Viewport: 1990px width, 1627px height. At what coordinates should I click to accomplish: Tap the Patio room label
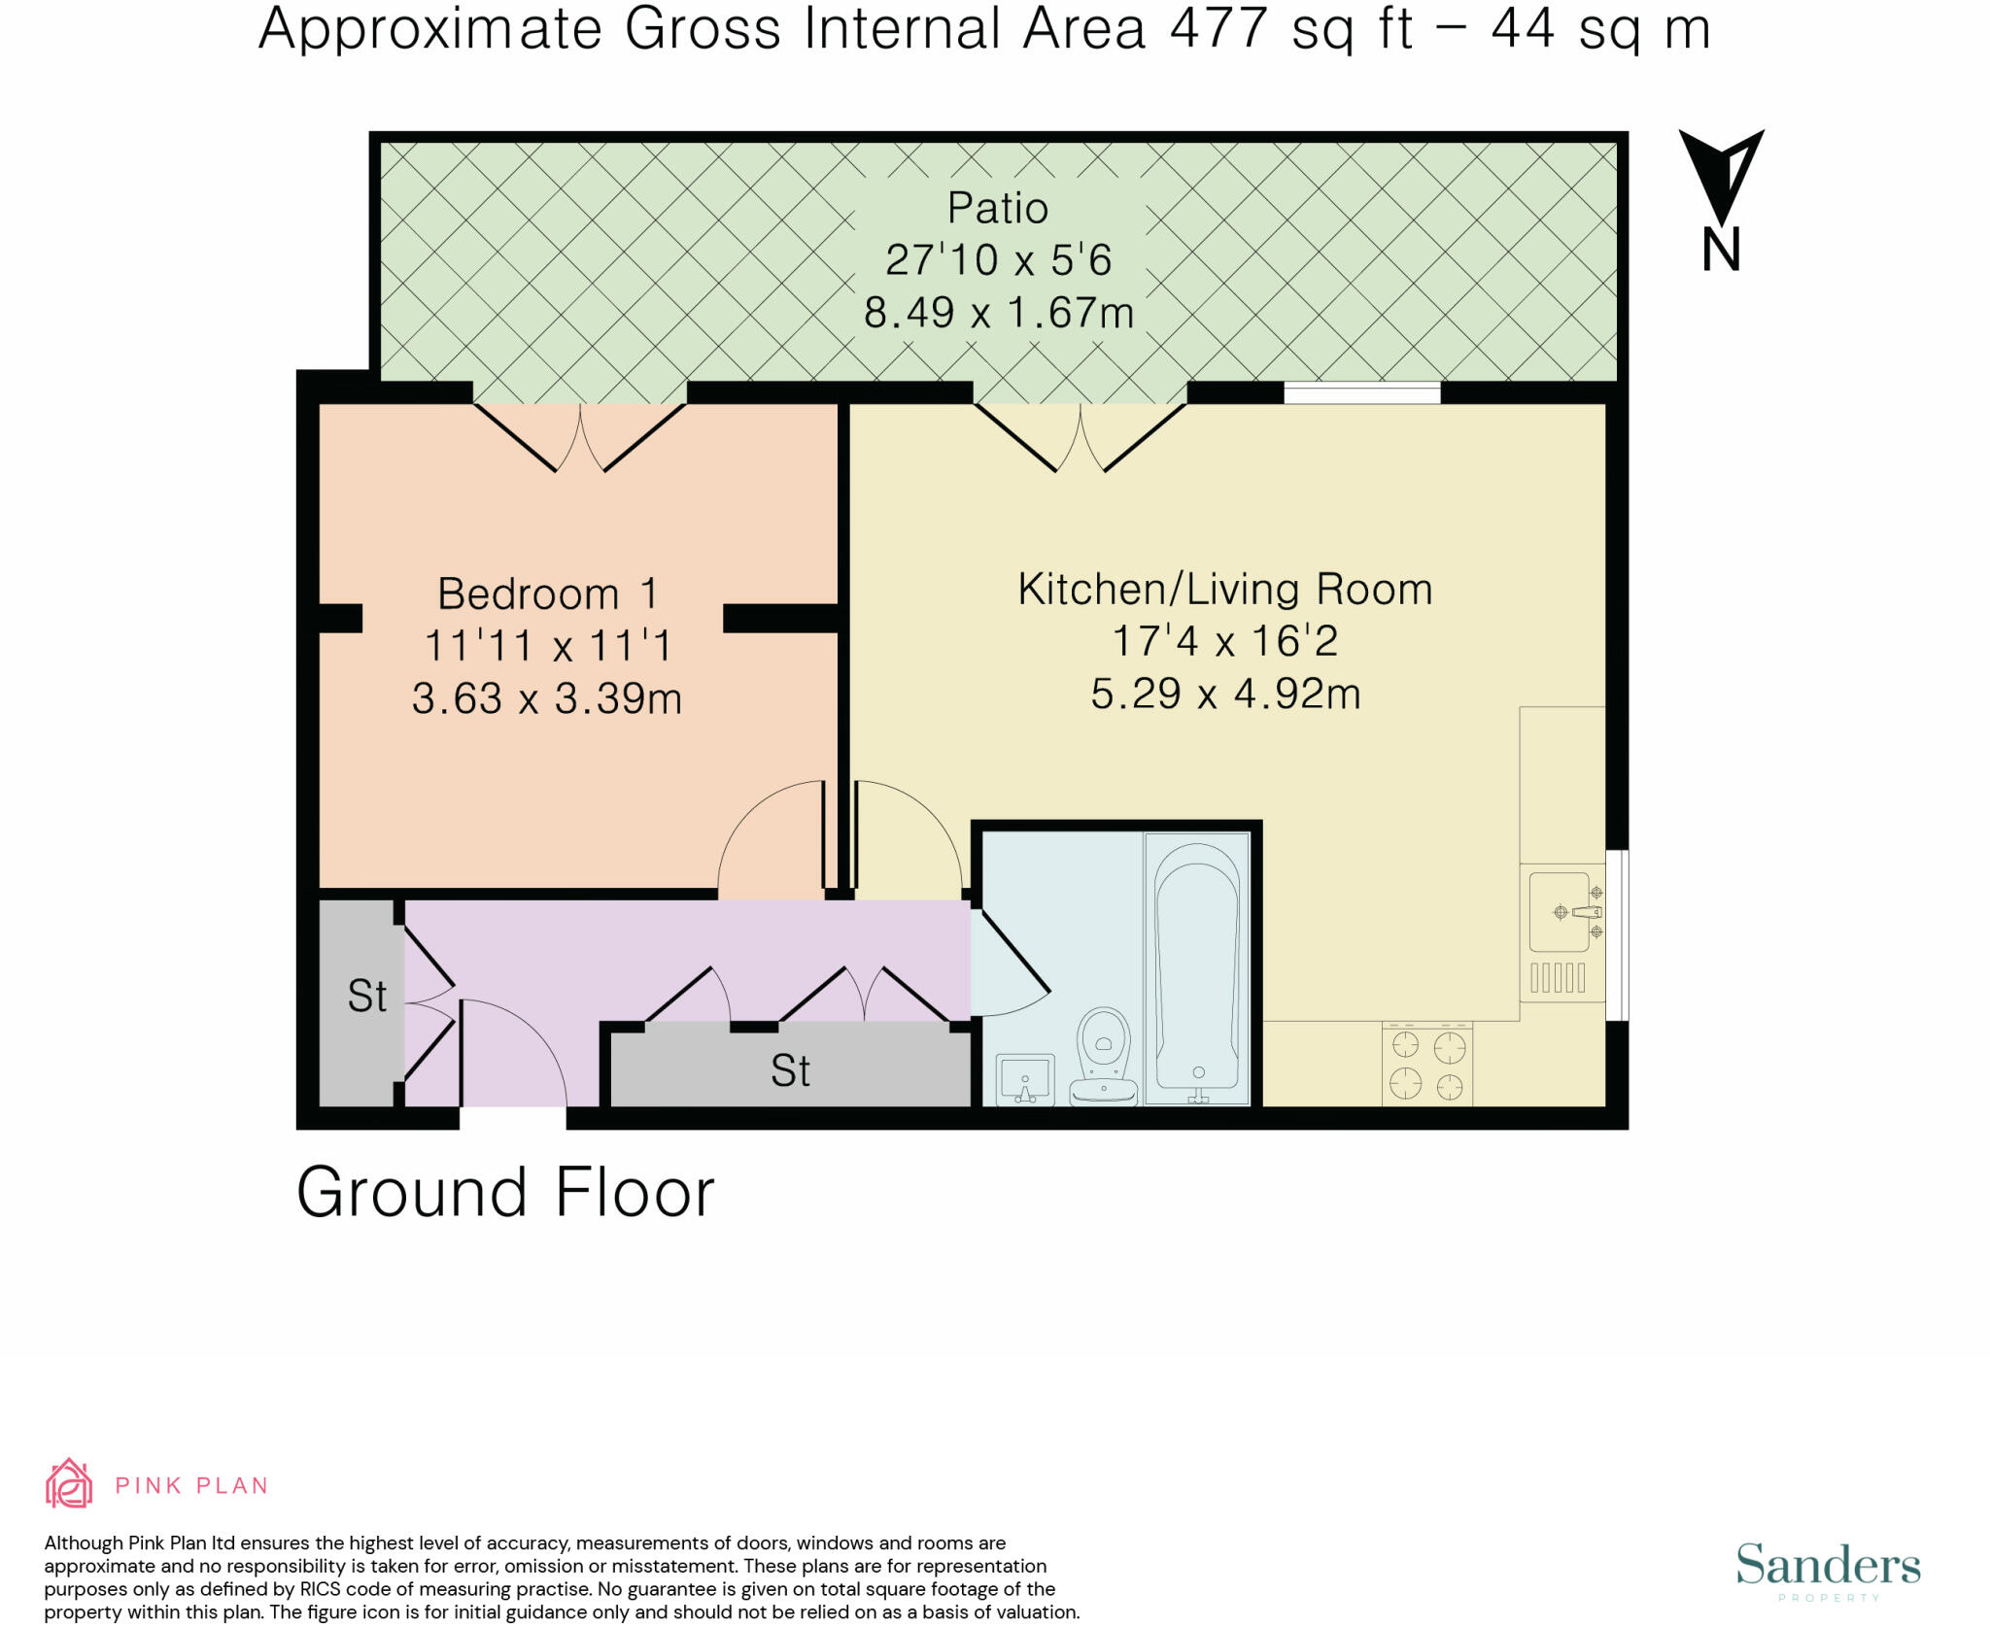(x=998, y=208)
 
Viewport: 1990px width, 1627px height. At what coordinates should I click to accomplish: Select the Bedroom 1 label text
(x=547, y=593)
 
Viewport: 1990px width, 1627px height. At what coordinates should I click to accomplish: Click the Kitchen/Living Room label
(x=1225, y=589)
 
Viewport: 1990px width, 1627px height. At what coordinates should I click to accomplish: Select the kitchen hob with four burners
(x=1427, y=1065)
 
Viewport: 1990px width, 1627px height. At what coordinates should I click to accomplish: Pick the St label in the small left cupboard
(x=367, y=996)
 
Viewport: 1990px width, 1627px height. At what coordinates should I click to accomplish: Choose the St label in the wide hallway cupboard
(x=790, y=1070)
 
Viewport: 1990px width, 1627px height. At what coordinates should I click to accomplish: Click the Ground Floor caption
(x=505, y=1192)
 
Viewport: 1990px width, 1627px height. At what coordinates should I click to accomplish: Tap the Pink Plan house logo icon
(x=69, y=1483)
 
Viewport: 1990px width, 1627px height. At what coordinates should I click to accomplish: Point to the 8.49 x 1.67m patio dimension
(x=999, y=313)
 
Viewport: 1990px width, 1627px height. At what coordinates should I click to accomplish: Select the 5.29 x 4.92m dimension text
(x=1225, y=694)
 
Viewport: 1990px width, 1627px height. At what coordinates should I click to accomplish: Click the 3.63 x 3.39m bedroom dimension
(x=547, y=698)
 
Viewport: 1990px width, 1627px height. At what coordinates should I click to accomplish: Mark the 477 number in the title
(x=1219, y=28)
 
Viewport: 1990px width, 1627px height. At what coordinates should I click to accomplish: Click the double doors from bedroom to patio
(x=580, y=438)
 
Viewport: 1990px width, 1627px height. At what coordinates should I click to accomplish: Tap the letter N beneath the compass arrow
(x=1721, y=250)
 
